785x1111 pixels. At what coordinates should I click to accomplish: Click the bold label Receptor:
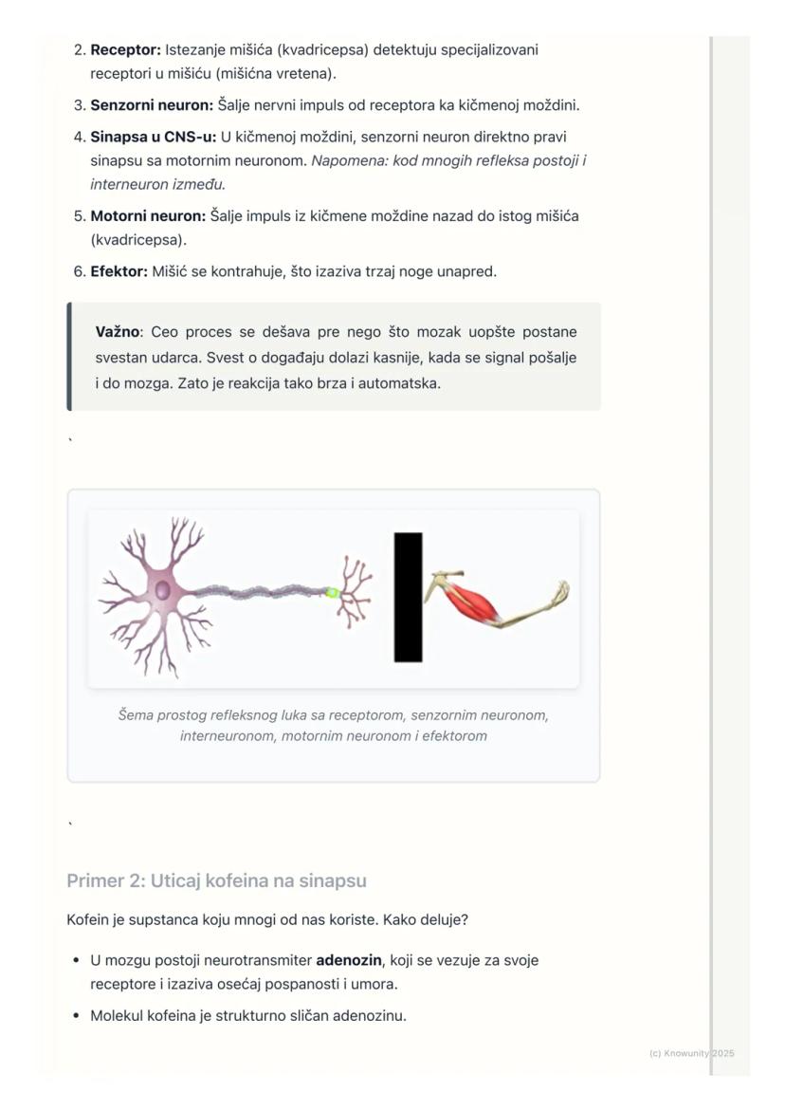(125, 49)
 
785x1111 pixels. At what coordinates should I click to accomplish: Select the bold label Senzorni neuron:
(152, 105)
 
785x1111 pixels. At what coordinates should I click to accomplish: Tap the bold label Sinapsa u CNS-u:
(154, 137)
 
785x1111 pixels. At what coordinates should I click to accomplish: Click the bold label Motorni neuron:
(148, 215)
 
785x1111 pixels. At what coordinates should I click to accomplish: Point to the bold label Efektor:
(119, 271)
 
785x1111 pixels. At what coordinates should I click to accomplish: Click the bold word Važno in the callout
(118, 332)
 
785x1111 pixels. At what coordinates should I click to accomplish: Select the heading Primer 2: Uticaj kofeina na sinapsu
(216, 880)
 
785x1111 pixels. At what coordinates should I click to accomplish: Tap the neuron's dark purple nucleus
(163, 590)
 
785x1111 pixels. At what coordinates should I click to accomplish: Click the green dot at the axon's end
(332, 592)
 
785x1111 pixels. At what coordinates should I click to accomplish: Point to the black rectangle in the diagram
(408, 597)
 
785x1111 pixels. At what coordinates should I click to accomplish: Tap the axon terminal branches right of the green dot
(355, 592)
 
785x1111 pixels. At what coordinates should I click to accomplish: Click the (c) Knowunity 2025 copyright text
(691, 1053)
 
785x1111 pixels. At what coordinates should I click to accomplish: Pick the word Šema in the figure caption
(136, 714)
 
